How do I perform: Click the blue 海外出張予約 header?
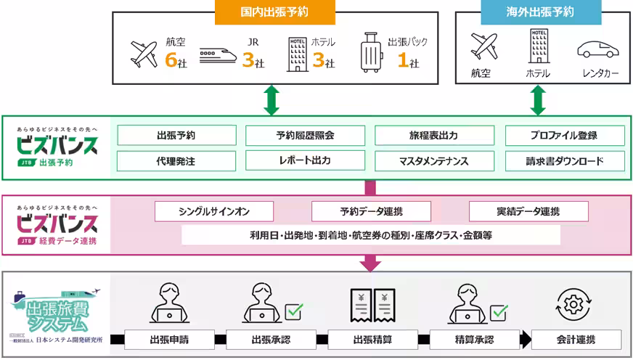540,12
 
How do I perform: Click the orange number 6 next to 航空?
171,62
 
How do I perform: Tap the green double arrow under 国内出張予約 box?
271,99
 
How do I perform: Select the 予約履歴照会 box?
305,135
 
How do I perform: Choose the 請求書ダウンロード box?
565,161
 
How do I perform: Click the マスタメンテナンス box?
434,161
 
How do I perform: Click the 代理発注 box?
176,161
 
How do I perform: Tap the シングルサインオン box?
214,211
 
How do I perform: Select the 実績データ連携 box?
528,211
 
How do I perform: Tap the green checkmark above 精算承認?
498,312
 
